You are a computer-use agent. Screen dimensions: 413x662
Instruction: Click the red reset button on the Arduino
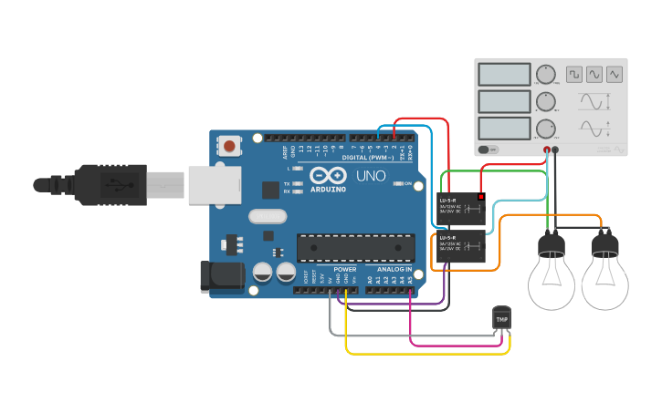(229, 146)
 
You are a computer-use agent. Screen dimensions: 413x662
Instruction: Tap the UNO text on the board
(370, 175)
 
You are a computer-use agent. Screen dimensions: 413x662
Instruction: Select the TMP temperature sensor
(501, 318)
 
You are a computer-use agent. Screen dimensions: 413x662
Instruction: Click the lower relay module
(461, 245)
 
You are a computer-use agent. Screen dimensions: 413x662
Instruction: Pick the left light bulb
(552, 274)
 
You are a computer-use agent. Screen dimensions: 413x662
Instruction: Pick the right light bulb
(604, 274)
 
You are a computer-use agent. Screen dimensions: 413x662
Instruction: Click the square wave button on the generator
(573, 74)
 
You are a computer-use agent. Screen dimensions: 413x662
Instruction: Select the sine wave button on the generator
(594, 74)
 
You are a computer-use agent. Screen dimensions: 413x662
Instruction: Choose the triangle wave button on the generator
(615, 74)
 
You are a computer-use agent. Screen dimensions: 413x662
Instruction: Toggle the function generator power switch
(489, 149)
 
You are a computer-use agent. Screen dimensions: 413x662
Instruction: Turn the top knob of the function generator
(546, 75)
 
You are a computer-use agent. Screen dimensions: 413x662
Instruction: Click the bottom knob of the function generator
(546, 129)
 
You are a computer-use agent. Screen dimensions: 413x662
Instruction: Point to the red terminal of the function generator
(547, 149)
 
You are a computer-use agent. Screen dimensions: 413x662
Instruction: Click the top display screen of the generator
(504, 74)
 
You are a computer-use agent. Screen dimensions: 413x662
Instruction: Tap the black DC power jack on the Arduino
(221, 277)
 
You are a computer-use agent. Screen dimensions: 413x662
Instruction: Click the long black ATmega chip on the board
(355, 247)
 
